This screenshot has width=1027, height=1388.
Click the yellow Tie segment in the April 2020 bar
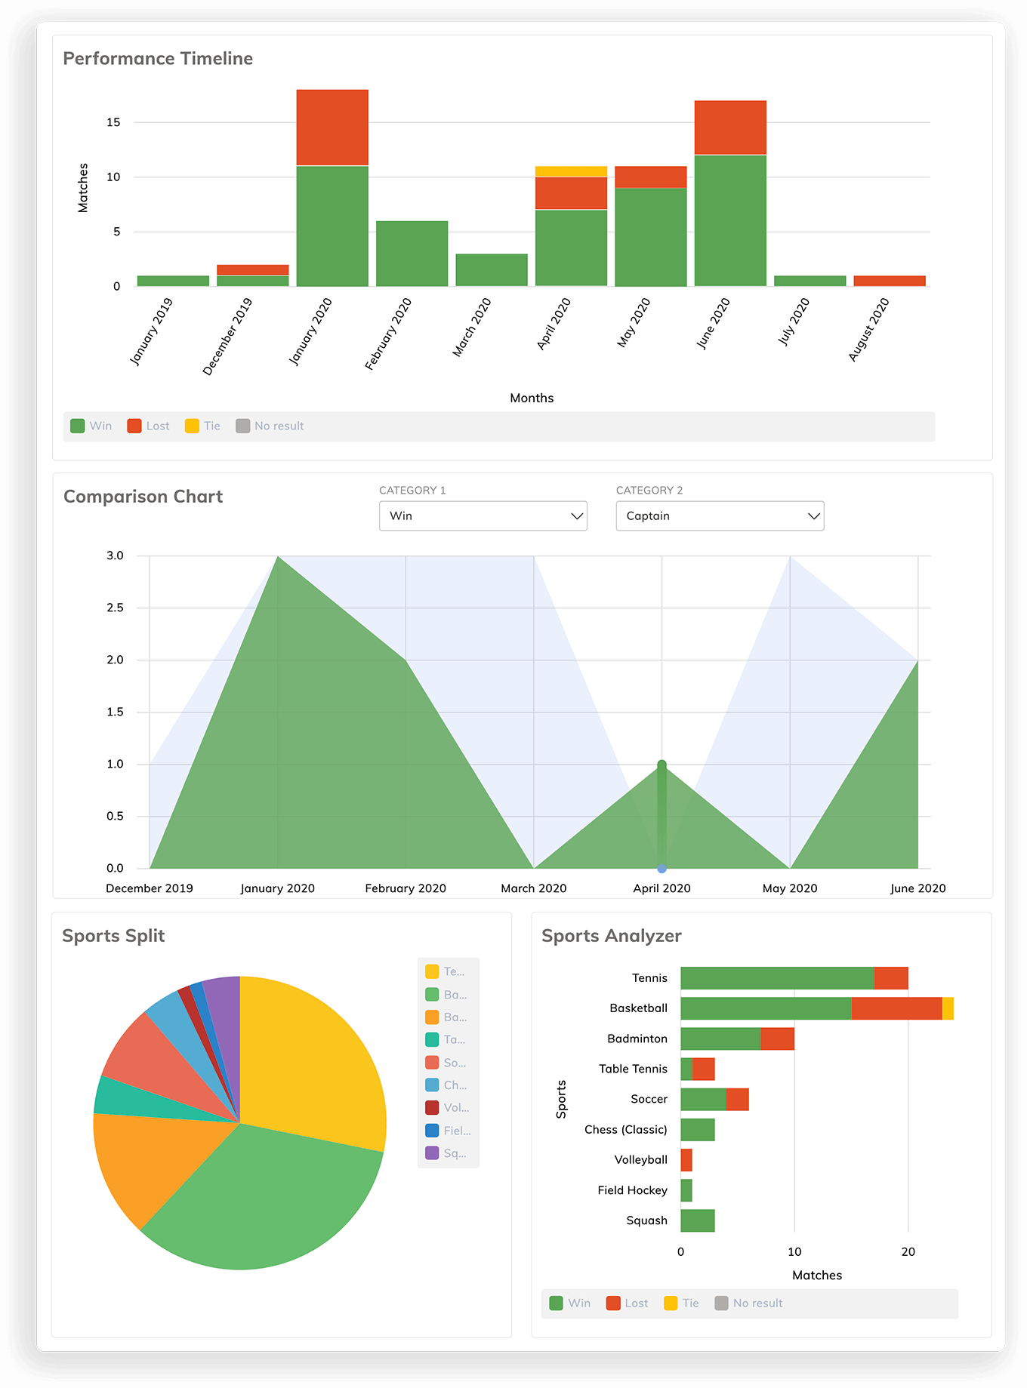tap(571, 171)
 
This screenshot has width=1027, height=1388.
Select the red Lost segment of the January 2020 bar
tap(332, 128)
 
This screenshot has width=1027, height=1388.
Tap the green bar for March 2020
tap(492, 269)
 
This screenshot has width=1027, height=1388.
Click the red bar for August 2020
tap(890, 281)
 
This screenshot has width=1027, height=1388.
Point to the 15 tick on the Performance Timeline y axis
tap(113, 122)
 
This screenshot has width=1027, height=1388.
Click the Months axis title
tap(532, 398)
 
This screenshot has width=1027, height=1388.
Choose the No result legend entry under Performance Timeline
tap(270, 426)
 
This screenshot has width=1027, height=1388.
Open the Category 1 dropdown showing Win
tap(483, 516)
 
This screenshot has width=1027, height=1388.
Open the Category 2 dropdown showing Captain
tap(720, 516)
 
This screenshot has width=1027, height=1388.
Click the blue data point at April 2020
tap(662, 869)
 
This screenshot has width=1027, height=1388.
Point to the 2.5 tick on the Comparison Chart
tap(115, 608)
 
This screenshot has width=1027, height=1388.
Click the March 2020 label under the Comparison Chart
tap(533, 888)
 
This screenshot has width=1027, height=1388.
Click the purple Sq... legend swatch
tap(432, 1153)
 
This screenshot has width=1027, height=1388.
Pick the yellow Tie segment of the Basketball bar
tap(948, 1008)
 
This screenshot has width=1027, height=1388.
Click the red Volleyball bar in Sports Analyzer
tap(686, 1160)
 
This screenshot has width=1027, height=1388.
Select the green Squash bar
tap(698, 1220)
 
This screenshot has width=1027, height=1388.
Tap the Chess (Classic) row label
tap(625, 1130)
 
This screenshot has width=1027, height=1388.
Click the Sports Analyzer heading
tap(611, 936)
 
